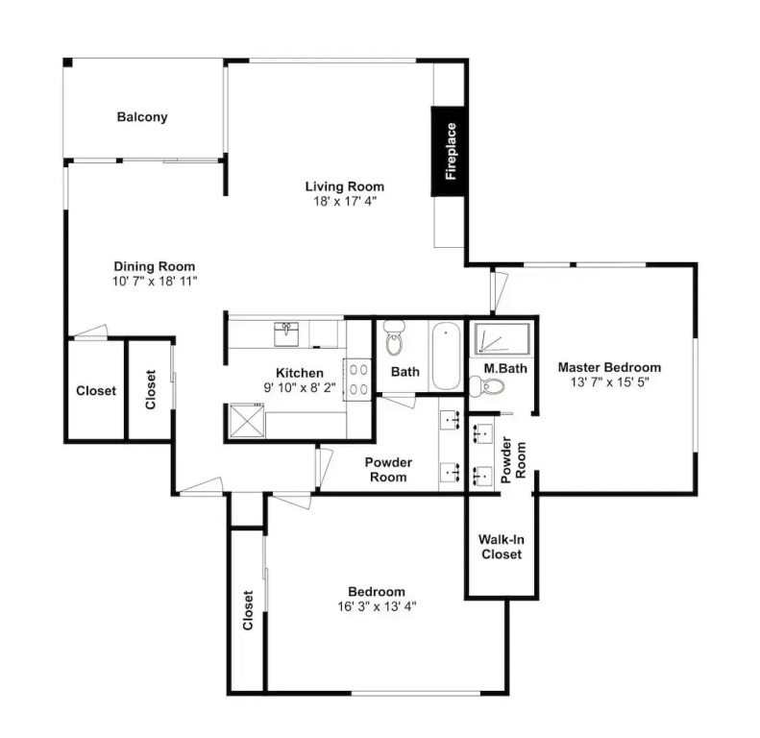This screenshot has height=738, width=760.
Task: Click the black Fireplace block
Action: [x=448, y=151]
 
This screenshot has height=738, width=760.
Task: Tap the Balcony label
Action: [x=142, y=117]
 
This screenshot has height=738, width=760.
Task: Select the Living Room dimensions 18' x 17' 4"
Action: [x=345, y=201]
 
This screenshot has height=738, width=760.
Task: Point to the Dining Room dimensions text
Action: [x=155, y=282]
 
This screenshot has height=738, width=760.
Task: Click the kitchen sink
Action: [x=286, y=334]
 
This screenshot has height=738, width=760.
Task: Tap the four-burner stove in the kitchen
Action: [x=357, y=380]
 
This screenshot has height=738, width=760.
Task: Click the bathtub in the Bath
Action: [x=446, y=356]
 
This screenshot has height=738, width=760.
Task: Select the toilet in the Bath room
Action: [x=394, y=337]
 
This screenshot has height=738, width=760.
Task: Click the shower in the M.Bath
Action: [x=502, y=338]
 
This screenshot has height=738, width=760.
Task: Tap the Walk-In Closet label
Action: [x=502, y=547]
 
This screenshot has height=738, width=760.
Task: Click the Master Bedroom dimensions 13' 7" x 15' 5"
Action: [x=609, y=382]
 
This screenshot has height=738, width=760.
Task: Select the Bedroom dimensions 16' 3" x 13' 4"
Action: [x=377, y=606]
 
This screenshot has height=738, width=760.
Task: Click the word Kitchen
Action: [x=300, y=373]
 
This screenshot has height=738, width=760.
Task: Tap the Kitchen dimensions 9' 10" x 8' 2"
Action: [x=300, y=388]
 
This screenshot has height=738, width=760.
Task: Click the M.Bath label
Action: [x=505, y=368]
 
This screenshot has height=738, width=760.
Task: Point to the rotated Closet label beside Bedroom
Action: [x=248, y=610]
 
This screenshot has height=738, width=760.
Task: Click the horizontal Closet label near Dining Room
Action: [x=96, y=391]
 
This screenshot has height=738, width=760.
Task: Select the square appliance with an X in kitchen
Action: [x=247, y=420]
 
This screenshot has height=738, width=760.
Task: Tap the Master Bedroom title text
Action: [x=609, y=367]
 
